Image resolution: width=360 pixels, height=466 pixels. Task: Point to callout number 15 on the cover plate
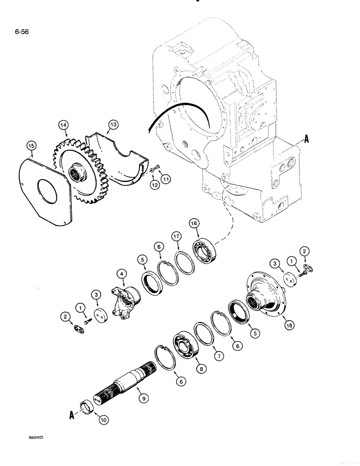(x=31, y=146)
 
